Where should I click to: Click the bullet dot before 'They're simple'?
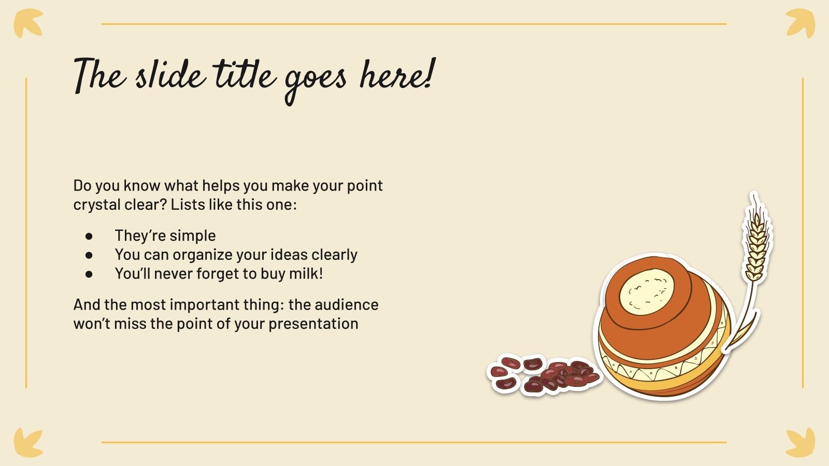[89, 236]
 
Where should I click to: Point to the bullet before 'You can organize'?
[89, 255]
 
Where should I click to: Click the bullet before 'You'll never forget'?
[89, 274]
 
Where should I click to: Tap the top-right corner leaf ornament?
[801, 23]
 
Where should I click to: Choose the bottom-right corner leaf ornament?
[801, 443]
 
